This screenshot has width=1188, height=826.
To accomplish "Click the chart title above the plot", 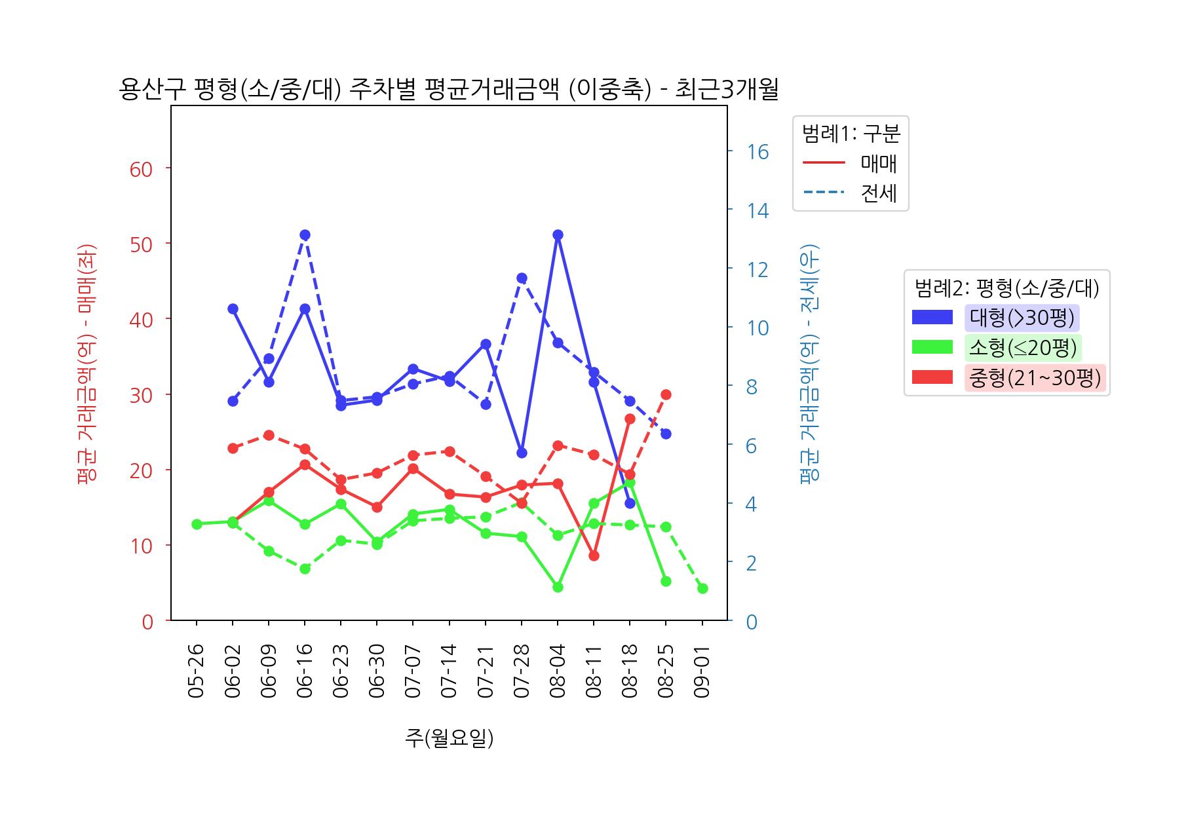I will pyautogui.click(x=449, y=89).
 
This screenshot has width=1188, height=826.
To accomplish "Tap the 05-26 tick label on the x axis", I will pyautogui.click(x=197, y=671).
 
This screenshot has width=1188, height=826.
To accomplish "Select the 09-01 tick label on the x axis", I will pyautogui.click(x=702, y=671).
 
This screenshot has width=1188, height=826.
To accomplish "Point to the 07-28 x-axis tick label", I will pyautogui.click(x=522, y=671).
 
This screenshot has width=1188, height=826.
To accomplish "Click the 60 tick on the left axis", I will pyautogui.click(x=142, y=169).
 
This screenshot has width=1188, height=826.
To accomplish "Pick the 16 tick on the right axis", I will pyautogui.click(x=757, y=152).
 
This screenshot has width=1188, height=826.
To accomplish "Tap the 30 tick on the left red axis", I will pyautogui.click(x=142, y=395).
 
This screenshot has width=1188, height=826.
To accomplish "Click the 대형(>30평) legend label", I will pyautogui.click(x=1022, y=318).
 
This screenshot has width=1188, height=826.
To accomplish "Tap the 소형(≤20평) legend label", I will pyautogui.click(x=1022, y=348).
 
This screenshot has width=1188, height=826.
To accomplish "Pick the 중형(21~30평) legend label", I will pyautogui.click(x=1035, y=378).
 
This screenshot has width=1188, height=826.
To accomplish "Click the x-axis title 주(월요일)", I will pyautogui.click(x=449, y=738).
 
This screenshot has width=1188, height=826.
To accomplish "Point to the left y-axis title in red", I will pyautogui.click(x=86, y=364).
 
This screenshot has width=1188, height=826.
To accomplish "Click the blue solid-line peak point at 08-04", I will pyautogui.click(x=558, y=235).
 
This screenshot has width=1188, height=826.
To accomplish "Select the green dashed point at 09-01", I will pyautogui.click(x=702, y=588).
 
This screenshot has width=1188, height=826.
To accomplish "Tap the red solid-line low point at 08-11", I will pyautogui.click(x=594, y=555).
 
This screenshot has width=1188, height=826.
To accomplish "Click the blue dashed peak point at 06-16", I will pyautogui.click(x=305, y=235).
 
